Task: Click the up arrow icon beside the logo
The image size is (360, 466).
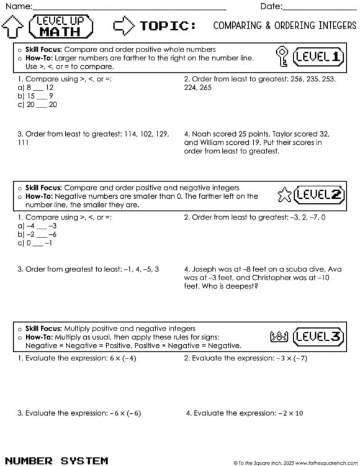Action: [x=13, y=27]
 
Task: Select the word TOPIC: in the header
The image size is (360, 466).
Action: [x=169, y=26]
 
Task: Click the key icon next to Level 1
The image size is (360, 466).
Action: [x=282, y=57]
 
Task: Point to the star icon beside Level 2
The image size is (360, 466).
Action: [x=284, y=195]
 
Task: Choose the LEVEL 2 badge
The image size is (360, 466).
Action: [x=319, y=195]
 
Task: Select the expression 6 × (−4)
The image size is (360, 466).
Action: [x=123, y=359]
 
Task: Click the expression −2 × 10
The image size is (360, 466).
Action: [x=290, y=413]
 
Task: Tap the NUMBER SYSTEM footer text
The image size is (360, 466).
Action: [x=56, y=460]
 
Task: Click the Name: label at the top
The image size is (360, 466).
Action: [x=17, y=6]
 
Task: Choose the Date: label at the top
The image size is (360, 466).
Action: [x=271, y=6]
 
